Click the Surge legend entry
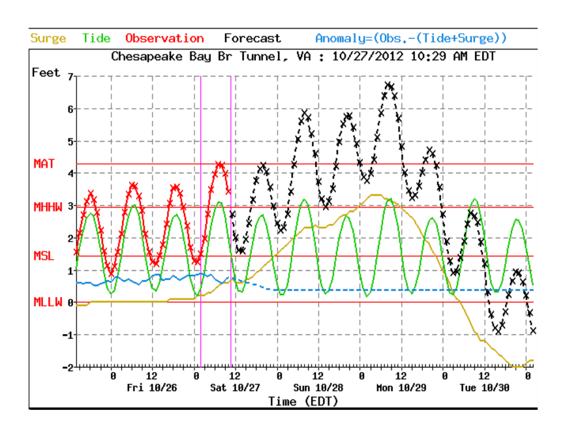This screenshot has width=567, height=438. pos(48,39)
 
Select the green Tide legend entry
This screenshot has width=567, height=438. pos(96,39)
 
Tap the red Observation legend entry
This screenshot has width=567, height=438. pos(164,39)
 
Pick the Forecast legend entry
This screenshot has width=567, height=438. pos(253,39)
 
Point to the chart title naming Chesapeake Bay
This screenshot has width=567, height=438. pos(303,56)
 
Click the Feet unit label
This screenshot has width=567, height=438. pos(46,72)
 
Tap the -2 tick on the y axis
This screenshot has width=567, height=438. pos(68,368)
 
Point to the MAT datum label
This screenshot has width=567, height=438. pos(44,164)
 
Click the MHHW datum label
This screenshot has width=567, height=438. pos(48,207)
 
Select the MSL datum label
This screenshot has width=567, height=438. pos(44,256)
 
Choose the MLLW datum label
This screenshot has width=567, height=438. pos(48,302)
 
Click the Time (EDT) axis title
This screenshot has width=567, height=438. pos(303,401)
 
